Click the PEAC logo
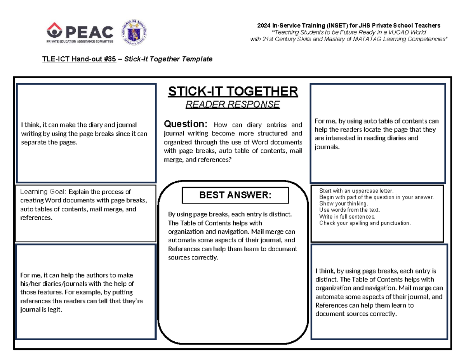80,31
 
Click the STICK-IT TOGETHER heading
233,92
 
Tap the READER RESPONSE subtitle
233,104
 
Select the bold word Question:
186,124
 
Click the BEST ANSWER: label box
235,195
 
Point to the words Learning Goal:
43,192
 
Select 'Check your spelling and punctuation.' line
365,223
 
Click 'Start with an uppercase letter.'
356,191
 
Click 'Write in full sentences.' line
347,216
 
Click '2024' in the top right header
264,25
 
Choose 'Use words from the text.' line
349,210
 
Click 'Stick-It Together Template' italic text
168,59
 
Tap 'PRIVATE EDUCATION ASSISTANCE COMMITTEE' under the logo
80,41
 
